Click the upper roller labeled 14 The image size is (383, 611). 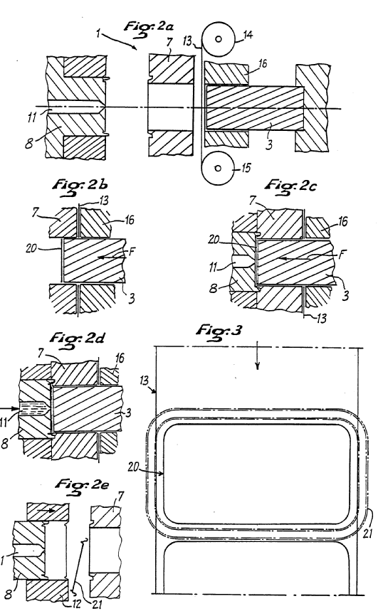(218, 38)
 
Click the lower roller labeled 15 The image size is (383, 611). (218, 168)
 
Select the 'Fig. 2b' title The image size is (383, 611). (80, 186)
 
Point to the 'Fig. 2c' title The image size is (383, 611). (290, 186)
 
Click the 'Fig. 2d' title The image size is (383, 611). (78, 339)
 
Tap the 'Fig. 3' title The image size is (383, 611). (219, 332)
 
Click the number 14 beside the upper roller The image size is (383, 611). (248, 35)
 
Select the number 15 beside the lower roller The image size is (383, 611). (246, 168)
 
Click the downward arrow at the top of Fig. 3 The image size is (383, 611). (258, 355)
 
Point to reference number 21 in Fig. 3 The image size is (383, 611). (367, 532)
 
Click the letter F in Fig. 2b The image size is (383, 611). (132, 251)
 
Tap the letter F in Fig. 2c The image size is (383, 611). (342, 255)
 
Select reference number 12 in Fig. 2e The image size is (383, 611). (77, 604)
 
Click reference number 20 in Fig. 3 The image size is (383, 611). (133, 467)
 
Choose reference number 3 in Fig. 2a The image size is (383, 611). (268, 145)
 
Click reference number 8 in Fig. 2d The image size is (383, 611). (5, 442)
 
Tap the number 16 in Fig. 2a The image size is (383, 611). (263, 63)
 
